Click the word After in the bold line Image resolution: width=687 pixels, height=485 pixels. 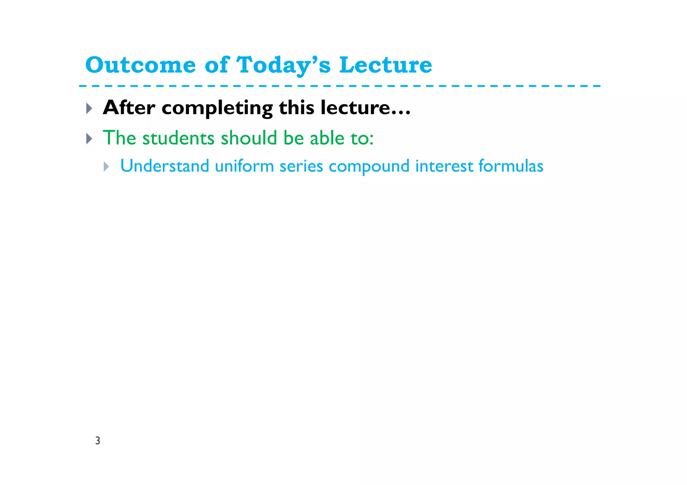pyautogui.click(x=129, y=108)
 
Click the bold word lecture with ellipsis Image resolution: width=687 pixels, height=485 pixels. pyautogui.click(x=365, y=108)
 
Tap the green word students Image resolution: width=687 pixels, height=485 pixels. pyautogui.click(x=178, y=138)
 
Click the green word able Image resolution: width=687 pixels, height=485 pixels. pyautogui.click(x=327, y=138)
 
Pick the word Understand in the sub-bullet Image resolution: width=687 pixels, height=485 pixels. pyautogui.click(x=164, y=166)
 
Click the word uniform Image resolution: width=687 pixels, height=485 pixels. pyautogui.click(x=244, y=166)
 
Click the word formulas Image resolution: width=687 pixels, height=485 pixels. pyautogui.click(x=511, y=166)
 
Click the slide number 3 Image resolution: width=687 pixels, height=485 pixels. pyautogui.click(x=98, y=441)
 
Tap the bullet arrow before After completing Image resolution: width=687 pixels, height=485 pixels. pyautogui.click(x=89, y=108)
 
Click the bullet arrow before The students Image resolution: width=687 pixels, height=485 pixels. pyautogui.click(x=89, y=138)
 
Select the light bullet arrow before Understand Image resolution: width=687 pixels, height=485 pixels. pyautogui.click(x=106, y=166)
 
